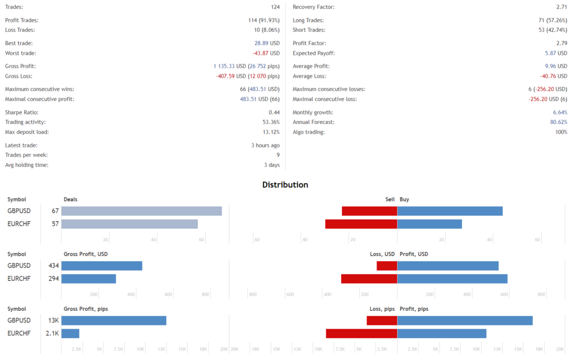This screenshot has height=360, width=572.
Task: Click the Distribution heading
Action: click(285, 185)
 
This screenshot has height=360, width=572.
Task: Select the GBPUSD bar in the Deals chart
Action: click(141, 211)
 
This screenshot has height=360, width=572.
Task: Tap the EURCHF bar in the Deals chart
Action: click(130, 224)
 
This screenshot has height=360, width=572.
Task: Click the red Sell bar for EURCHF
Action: click(361, 224)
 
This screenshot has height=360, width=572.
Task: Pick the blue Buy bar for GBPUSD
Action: click(450, 211)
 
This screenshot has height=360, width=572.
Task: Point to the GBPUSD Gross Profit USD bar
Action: click(102, 266)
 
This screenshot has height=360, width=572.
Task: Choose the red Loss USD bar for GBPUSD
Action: click(387, 266)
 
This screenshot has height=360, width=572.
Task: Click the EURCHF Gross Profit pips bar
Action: click(70, 333)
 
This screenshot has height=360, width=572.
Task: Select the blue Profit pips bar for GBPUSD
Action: click(465, 320)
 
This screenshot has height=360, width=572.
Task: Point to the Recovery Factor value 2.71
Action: click(561, 7)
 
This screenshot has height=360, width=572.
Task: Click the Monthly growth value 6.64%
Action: click(560, 112)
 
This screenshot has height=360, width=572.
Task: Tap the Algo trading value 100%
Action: click(560, 132)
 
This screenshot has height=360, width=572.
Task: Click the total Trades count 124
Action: click(275, 7)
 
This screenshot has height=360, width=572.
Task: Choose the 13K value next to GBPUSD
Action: click(53, 320)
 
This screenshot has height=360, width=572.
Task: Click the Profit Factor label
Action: click(309, 43)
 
